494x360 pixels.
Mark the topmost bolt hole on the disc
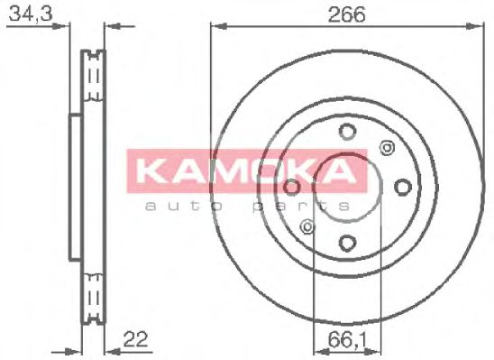click(347, 134)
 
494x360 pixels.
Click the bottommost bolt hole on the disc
click(347, 242)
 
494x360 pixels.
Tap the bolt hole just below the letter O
click(292, 188)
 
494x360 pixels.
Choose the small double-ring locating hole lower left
click(308, 226)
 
